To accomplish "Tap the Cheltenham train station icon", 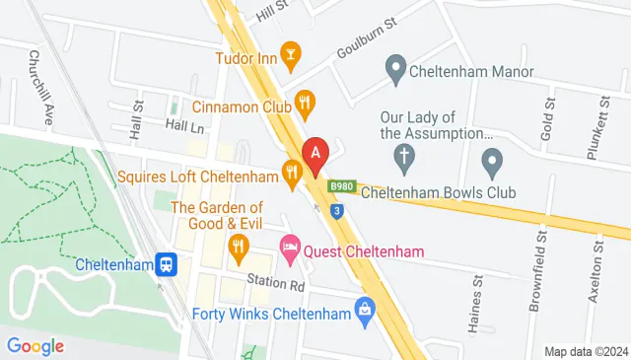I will (169, 264).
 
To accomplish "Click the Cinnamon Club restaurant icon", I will (306, 101).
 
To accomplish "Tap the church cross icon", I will (402, 155).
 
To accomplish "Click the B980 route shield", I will (341, 186).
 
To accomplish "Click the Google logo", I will (35, 345).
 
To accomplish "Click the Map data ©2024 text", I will (586, 351).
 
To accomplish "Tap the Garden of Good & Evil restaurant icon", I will (237, 246).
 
